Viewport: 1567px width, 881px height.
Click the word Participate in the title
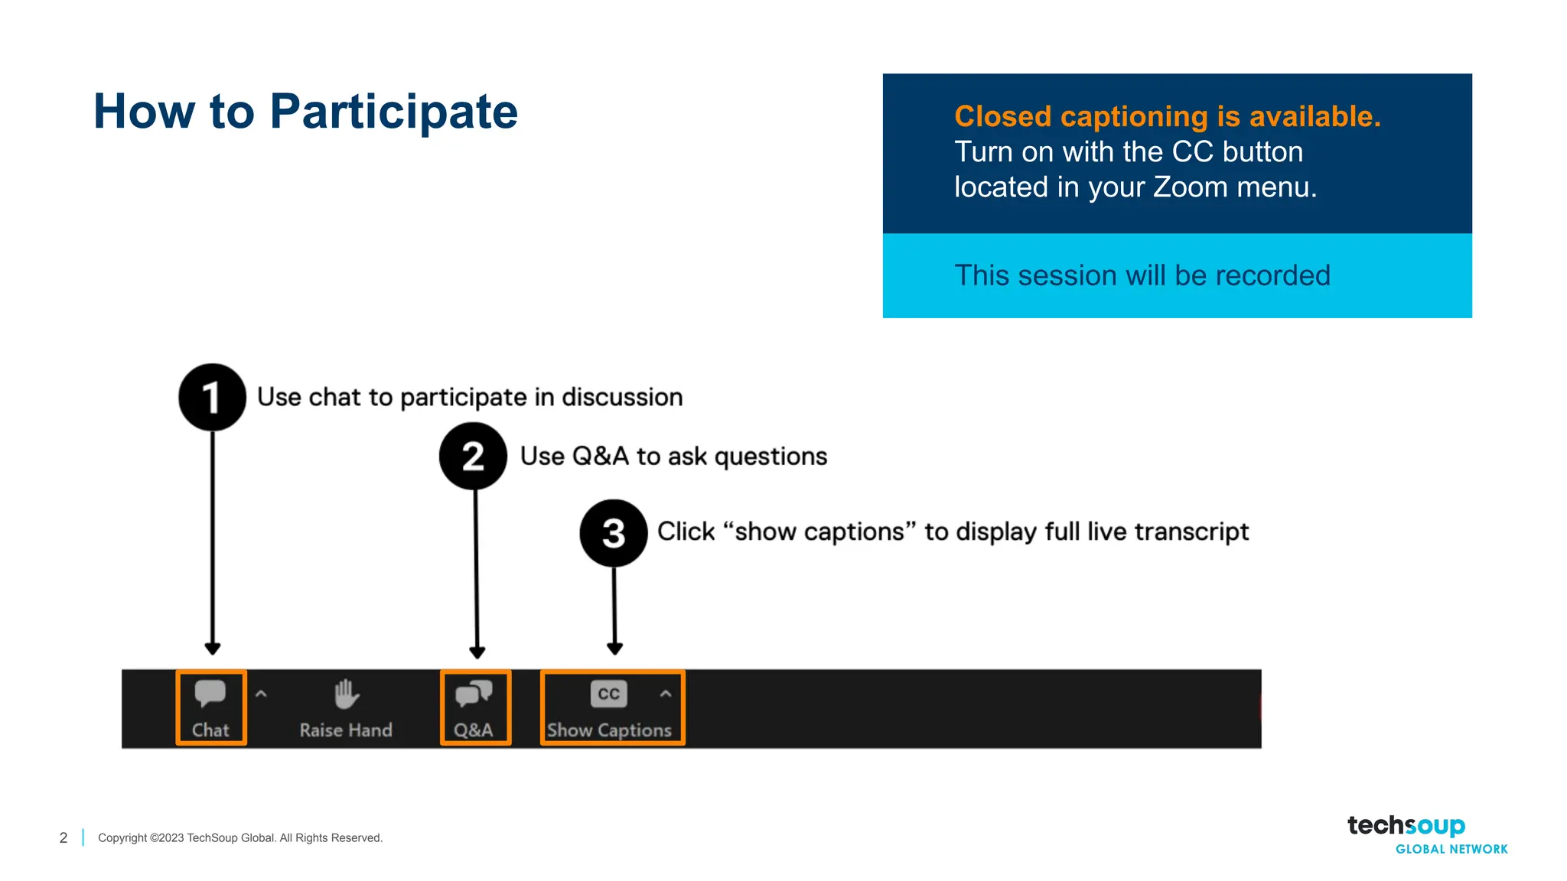tap(393, 112)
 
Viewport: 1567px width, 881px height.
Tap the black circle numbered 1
tap(212, 397)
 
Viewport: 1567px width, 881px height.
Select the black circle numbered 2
tap(473, 456)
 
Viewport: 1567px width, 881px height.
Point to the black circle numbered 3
tap(614, 533)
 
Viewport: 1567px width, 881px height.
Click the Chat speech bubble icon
tap(210, 693)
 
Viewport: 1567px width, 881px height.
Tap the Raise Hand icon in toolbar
tap(347, 694)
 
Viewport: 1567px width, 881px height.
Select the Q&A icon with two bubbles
tap(474, 694)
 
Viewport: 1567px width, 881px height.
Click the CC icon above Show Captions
tap(608, 694)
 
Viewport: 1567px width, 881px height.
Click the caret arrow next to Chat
tap(261, 694)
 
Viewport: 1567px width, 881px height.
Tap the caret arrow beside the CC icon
tap(666, 694)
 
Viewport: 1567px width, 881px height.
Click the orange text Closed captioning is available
tap(1167, 116)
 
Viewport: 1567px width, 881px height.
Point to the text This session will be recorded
tap(1142, 275)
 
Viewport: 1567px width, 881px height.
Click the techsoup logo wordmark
tap(1406, 826)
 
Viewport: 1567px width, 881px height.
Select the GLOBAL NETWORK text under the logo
tap(1451, 849)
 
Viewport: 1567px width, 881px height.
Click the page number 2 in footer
tap(64, 838)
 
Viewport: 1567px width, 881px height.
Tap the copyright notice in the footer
tap(240, 838)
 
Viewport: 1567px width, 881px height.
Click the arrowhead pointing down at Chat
tap(213, 649)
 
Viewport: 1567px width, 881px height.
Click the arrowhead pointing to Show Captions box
tap(614, 649)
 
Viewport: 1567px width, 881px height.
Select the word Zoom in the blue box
tap(1190, 187)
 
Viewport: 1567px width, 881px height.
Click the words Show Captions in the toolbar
tap(609, 730)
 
